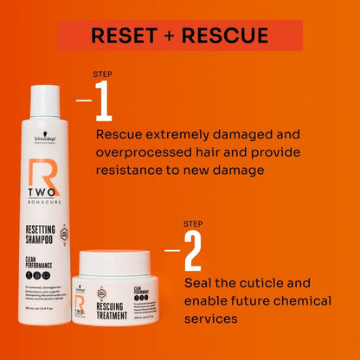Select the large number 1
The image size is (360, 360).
[104, 102]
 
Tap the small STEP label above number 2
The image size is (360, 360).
[193, 224]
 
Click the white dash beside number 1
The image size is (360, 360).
[84, 100]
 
